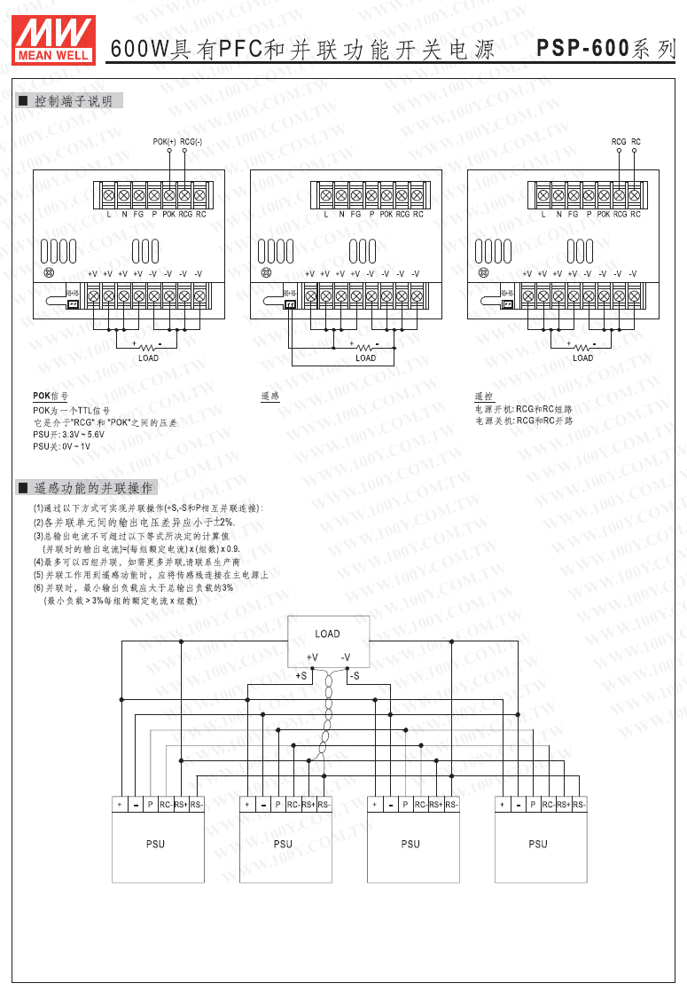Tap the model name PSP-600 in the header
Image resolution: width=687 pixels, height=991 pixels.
coord(584,50)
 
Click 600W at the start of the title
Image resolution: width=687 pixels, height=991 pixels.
coord(139,51)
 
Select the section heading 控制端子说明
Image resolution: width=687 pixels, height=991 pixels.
coord(73,102)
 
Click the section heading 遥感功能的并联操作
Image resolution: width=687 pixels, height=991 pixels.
coord(93,488)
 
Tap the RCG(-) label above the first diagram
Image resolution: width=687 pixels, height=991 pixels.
coord(191,142)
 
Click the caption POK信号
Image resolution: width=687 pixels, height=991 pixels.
coord(50,396)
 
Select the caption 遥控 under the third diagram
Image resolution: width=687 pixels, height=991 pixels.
coord(483,396)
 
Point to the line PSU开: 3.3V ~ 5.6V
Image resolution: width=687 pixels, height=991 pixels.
coord(68,435)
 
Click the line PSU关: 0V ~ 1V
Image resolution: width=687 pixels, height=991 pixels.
coord(61,446)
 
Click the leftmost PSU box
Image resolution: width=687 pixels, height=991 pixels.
coord(155,844)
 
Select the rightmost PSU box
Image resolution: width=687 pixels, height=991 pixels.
coord(538,844)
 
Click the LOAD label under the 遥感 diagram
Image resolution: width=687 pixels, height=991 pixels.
coord(366,358)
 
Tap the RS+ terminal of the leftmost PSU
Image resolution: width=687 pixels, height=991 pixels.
coord(180,804)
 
